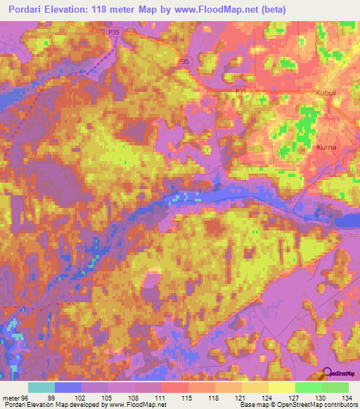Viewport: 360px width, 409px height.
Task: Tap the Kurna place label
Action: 325,148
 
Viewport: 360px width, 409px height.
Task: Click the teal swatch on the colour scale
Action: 41,387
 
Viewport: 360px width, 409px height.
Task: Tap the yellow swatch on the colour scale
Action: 282,387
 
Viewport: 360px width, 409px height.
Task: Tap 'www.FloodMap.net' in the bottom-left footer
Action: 133,405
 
